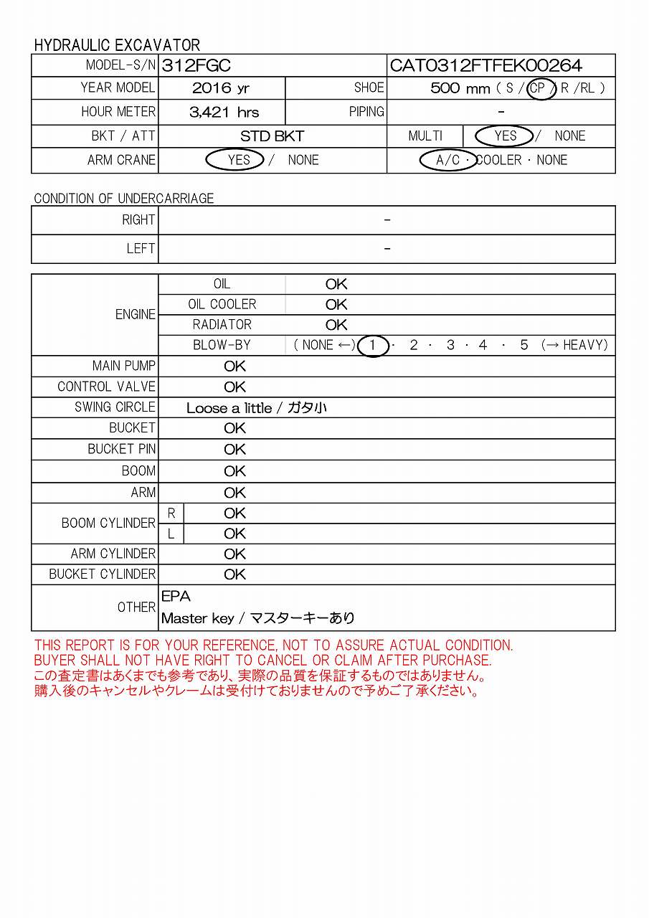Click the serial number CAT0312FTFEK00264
click(x=485, y=66)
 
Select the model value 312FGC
click(x=196, y=66)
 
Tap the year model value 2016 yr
click(x=221, y=88)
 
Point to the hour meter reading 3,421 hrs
click(x=224, y=112)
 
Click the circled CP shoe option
click(x=539, y=88)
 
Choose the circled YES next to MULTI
click(x=505, y=136)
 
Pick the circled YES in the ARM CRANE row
click(x=238, y=160)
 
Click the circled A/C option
click(x=447, y=160)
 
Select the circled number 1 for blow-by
click(x=372, y=346)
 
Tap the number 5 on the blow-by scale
click(x=524, y=346)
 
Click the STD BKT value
click(x=272, y=136)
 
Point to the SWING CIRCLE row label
click(x=115, y=407)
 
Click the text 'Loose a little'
click(x=229, y=408)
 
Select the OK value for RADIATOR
click(x=336, y=325)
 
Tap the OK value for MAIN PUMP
click(x=235, y=366)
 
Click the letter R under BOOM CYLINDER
click(x=171, y=514)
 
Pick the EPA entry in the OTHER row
click(x=176, y=597)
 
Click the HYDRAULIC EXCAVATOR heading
click(x=117, y=45)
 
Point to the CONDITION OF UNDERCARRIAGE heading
click(x=123, y=199)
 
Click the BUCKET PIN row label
click(x=121, y=449)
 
